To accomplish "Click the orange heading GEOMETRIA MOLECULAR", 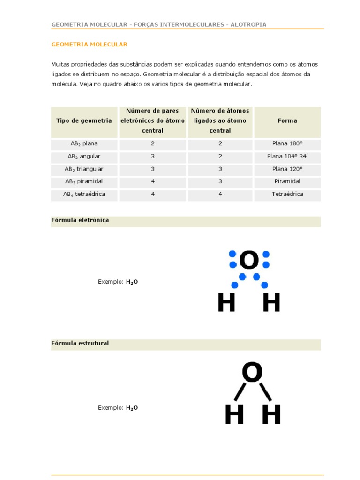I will click(x=89, y=45).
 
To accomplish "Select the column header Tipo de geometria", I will click(x=84, y=121).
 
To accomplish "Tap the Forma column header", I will click(x=287, y=121).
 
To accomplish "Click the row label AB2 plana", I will click(x=84, y=144).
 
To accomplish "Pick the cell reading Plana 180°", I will click(x=287, y=144).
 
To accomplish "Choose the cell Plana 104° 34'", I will click(x=287, y=157).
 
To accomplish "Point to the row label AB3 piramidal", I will click(x=84, y=181).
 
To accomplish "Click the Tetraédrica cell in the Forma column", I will click(x=287, y=194).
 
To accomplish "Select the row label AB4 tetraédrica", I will click(x=84, y=194).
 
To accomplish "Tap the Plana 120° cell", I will click(x=287, y=169).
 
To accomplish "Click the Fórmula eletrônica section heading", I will click(x=80, y=220).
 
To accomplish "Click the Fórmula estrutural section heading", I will click(x=80, y=344).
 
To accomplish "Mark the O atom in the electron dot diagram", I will click(x=249, y=260).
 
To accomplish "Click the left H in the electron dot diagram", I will click(x=226, y=302).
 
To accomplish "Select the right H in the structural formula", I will click(x=271, y=414).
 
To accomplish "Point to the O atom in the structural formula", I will click(x=252, y=373).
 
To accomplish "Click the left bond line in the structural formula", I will click(x=240, y=392).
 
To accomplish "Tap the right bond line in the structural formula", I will click(x=265, y=392).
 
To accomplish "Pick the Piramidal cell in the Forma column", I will click(x=287, y=181).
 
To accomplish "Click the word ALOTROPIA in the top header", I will click(x=248, y=24).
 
